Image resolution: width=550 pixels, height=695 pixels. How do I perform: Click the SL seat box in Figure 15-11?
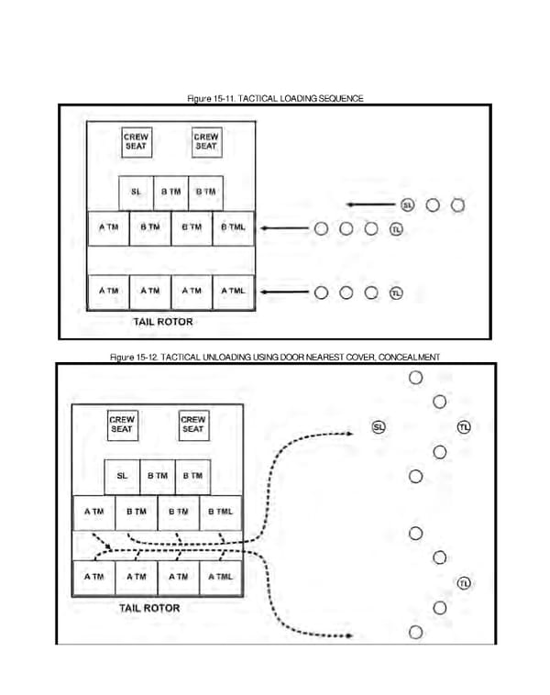(136, 193)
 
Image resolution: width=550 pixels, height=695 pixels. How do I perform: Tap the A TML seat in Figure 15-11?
(233, 291)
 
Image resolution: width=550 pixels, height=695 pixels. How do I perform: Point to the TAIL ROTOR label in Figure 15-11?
(162, 323)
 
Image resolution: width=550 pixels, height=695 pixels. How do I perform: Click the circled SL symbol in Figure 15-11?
(407, 204)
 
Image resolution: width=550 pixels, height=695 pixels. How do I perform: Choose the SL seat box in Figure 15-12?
(122, 476)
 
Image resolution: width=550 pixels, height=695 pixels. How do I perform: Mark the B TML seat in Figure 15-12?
(220, 511)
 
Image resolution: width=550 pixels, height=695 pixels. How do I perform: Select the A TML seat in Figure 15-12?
(220, 577)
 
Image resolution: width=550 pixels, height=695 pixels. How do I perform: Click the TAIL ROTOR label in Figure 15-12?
(149, 608)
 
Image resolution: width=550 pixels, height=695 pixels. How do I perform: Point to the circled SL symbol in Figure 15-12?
(379, 427)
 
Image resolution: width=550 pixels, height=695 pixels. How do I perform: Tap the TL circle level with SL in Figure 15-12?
(464, 427)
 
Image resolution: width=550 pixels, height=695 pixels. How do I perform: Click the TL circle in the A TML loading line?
(396, 293)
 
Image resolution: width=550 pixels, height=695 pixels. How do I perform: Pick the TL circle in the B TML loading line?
(396, 228)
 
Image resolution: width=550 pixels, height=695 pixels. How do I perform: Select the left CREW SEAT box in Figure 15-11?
(136, 142)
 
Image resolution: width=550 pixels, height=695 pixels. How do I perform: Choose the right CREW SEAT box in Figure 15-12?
(192, 425)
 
